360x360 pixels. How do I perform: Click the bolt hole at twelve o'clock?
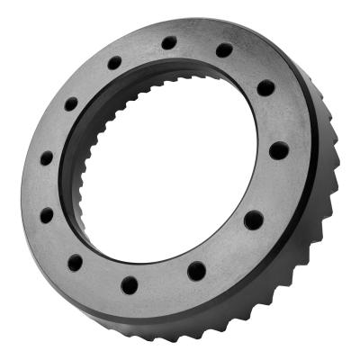point(169,42)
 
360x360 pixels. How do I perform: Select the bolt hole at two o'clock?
point(265,88)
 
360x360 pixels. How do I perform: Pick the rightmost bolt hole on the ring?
point(279,150)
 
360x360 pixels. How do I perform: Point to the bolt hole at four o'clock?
point(254,219)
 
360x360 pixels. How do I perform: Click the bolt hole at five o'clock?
point(196,270)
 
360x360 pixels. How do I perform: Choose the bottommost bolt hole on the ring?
point(130,285)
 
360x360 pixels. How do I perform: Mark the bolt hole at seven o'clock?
point(75,263)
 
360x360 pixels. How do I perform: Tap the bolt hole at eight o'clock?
point(46,215)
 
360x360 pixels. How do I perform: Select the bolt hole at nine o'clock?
point(46,158)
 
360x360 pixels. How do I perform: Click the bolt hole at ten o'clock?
point(70,103)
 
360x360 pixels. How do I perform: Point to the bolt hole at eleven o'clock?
point(114,62)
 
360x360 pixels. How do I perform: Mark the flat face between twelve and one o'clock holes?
point(197,45)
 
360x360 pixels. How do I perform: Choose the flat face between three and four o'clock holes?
point(270,184)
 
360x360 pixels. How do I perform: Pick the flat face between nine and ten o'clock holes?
point(56,130)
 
